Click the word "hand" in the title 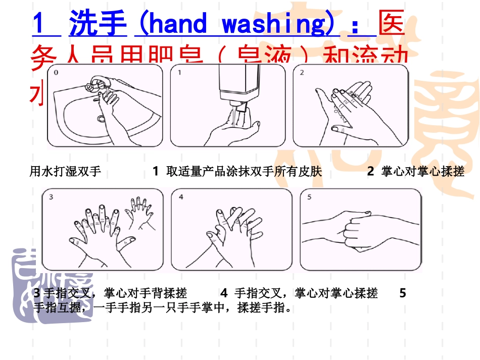[x=177, y=24]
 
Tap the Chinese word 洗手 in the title [x=98, y=24]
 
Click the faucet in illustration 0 [x=97, y=82]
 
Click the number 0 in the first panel [x=56, y=73]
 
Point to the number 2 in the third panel [x=302, y=73]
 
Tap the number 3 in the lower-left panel [x=51, y=197]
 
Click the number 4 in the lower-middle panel [x=181, y=197]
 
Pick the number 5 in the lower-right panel [x=309, y=197]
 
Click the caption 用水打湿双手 [x=66, y=172]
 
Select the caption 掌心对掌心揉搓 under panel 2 [x=422, y=172]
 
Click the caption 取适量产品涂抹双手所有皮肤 [x=244, y=172]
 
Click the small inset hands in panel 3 [x=139, y=208]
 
